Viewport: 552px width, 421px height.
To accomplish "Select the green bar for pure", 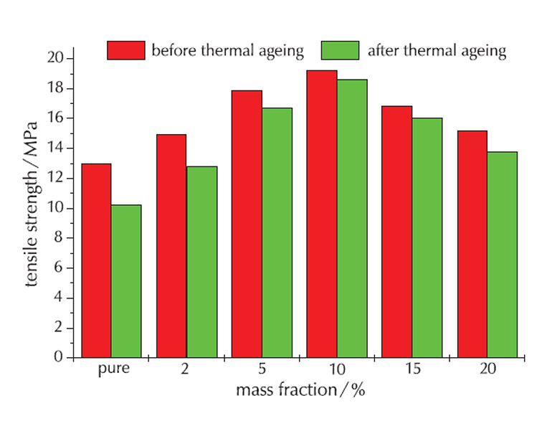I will tap(126, 281).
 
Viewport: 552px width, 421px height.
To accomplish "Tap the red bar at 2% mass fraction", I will tap(171, 246).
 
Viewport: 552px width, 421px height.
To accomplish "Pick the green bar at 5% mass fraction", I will tap(277, 232).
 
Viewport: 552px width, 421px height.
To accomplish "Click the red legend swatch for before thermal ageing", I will tap(126, 50).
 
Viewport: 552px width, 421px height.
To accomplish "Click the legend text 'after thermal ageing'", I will tap(437, 51).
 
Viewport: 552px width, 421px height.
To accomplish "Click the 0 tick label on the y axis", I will tap(60, 357).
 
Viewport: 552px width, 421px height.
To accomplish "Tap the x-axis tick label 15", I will tap(411, 371).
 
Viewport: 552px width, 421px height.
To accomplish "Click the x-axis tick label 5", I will tap(261, 371).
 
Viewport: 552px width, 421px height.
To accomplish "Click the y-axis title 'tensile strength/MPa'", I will tap(32, 208).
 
